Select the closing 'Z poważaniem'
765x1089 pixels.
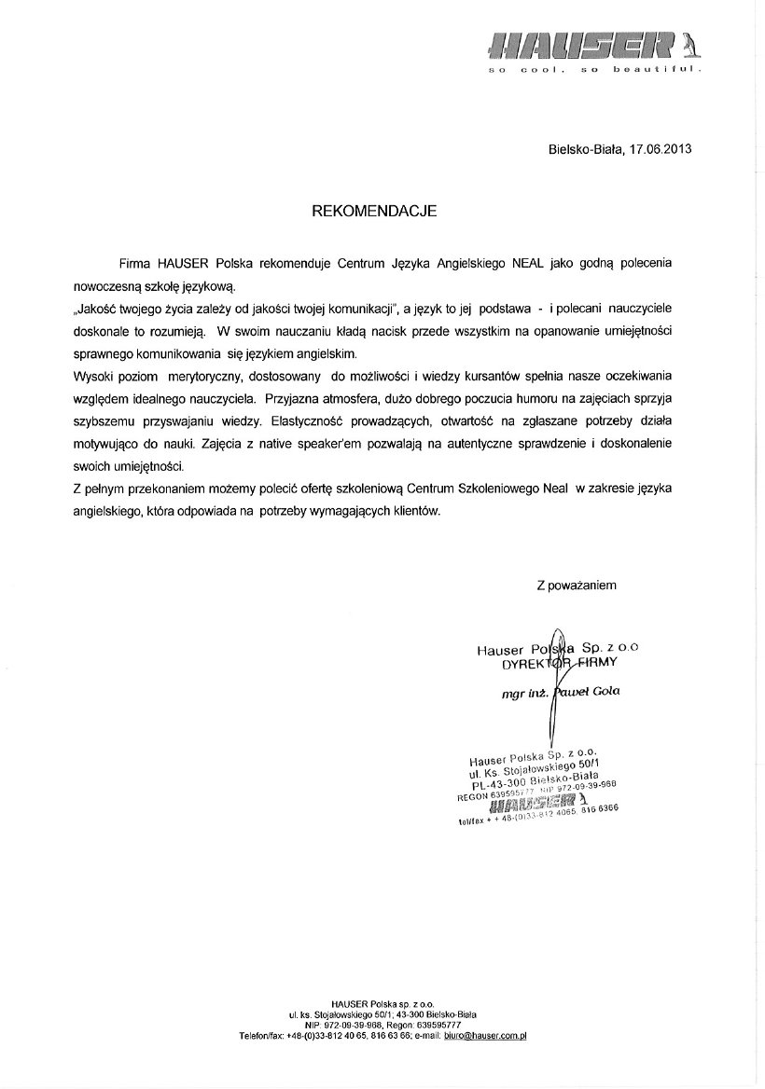tap(577, 586)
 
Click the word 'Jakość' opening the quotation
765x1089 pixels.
tap(96, 310)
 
